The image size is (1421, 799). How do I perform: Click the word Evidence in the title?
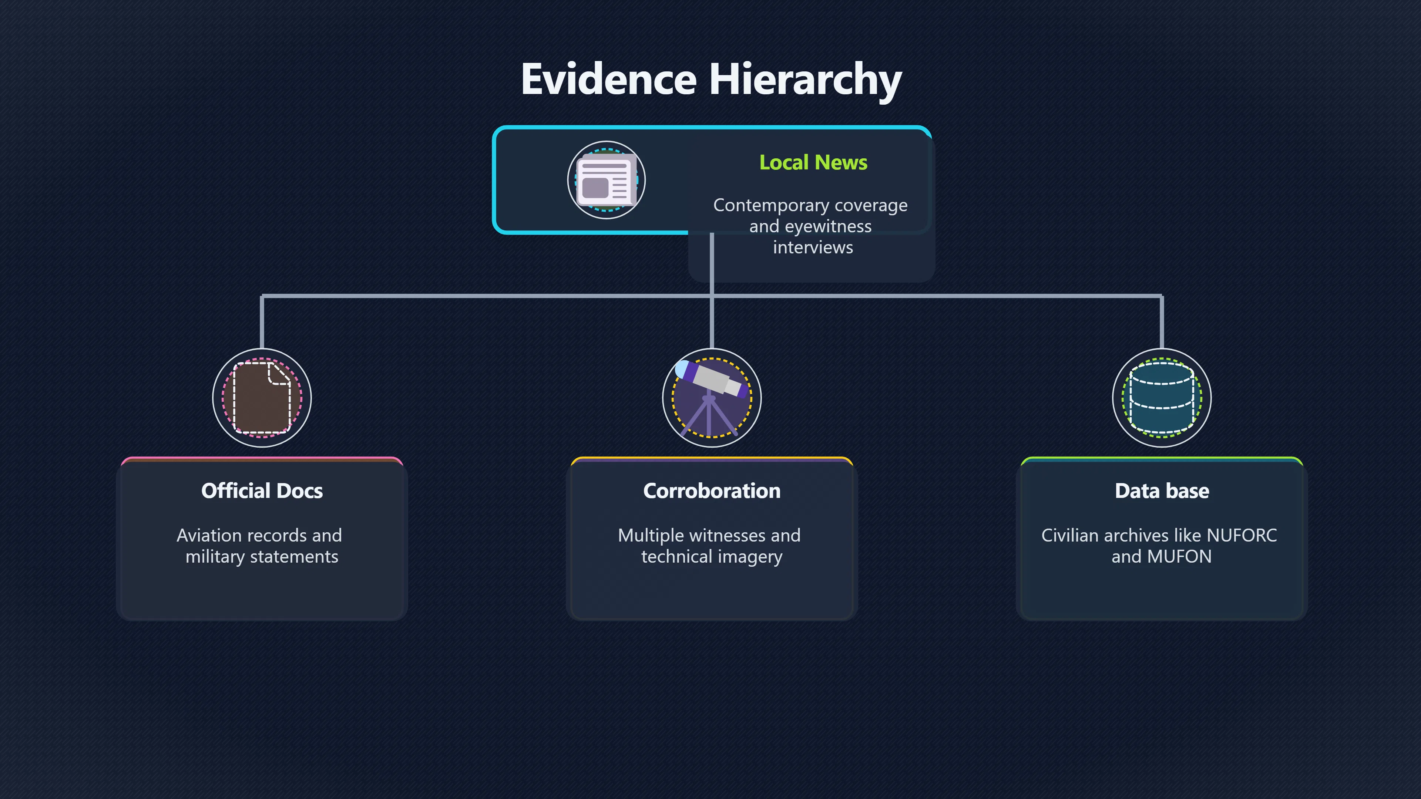609,79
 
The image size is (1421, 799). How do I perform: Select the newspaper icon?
606,180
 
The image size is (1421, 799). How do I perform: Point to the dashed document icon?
262,398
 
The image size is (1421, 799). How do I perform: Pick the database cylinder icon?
1162,398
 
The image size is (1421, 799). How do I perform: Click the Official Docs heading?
262,491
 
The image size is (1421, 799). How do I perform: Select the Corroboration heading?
712,491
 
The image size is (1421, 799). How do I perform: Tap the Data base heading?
1162,491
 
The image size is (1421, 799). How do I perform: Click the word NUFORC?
1242,535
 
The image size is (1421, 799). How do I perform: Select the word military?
215,557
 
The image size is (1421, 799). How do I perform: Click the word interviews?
813,247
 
